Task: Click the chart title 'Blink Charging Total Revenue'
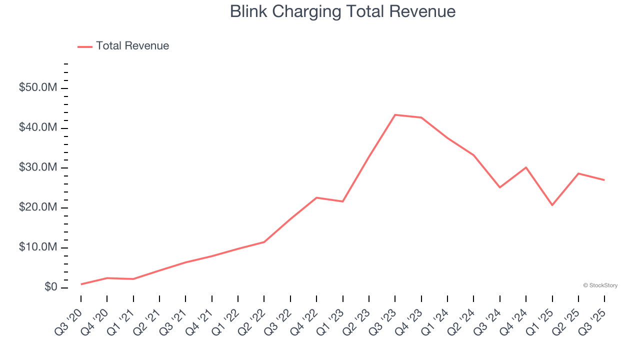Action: click(342, 11)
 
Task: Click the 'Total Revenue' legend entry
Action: click(132, 46)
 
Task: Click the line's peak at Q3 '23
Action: click(395, 115)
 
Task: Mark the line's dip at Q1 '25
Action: click(552, 205)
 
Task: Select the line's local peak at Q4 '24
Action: click(526, 167)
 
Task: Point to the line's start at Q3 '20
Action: click(81, 284)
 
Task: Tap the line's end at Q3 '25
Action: click(604, 180)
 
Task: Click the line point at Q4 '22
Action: click(316, 197)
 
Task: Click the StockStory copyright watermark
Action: click(600, 285)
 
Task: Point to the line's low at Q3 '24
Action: click(500, 187)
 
